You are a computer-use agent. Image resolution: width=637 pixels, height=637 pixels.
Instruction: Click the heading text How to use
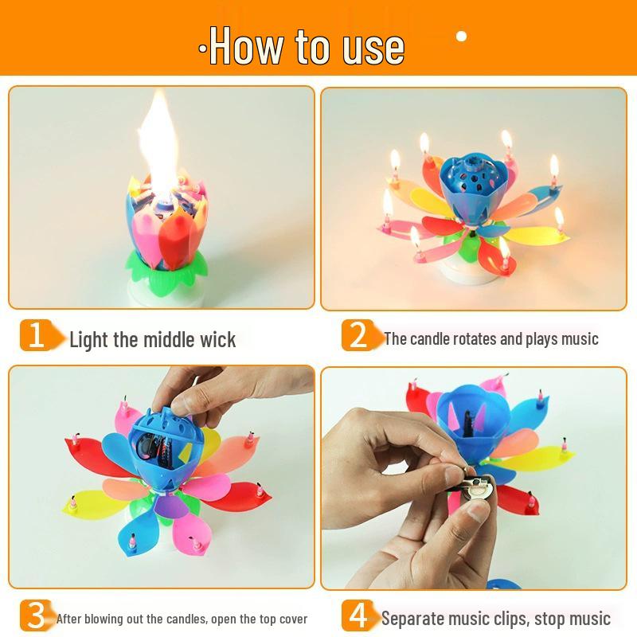(307, 46)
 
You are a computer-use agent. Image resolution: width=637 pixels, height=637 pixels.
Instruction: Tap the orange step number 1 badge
(36, 336)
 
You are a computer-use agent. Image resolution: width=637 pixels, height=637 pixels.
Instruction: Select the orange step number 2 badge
(358, 336)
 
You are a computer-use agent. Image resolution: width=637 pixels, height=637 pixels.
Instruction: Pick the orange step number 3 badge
(36, 616)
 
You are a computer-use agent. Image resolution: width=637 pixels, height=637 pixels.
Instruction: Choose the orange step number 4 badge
(358, 616)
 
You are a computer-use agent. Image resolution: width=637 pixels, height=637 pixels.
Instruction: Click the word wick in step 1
(217, 340)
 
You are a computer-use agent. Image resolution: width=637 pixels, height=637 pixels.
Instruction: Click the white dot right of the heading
(461, 36)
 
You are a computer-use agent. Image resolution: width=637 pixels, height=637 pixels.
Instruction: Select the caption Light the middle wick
(152, 340)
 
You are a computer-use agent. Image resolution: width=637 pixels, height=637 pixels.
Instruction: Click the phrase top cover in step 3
(278, 619)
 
